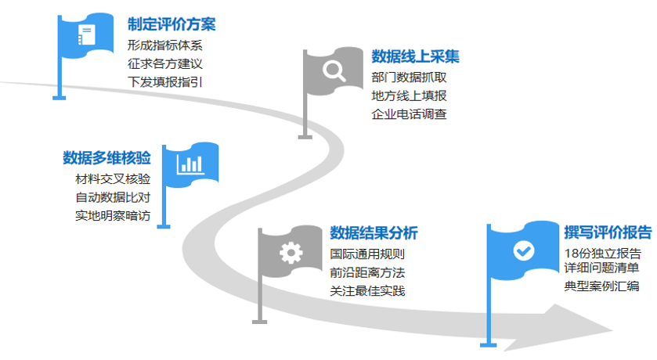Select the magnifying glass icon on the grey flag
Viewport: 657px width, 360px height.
(x=334, y=72)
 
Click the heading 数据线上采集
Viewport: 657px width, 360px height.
(x=415, y=56)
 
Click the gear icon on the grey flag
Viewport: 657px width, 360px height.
(x=291, y=252)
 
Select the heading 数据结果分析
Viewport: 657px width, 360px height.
(x=374, y=233)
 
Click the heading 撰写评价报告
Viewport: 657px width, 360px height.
(x=608, y=232)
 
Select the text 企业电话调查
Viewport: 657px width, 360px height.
(x=410, y=114)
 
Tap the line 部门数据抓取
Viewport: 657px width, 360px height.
(x=410, y=77)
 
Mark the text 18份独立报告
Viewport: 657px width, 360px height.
(x=603, y=252)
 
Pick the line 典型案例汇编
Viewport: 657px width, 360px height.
(x=601, y=286)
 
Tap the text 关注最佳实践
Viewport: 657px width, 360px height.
(x=367, y=291)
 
